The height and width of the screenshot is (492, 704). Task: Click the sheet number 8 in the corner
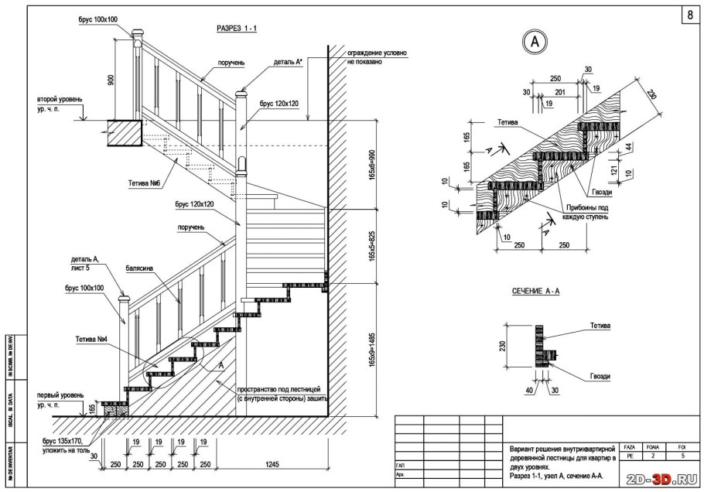pos(689,15)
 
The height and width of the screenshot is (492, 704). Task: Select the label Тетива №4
pos(91,340)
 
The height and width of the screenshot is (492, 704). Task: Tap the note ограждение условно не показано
pos(377,57)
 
